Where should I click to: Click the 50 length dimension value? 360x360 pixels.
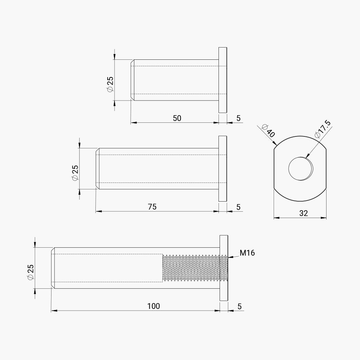click(177, 118)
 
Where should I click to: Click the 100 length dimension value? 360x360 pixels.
click(153, 306)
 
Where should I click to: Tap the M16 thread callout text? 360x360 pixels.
click(247, 253)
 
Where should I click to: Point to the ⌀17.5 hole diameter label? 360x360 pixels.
click(323, 130)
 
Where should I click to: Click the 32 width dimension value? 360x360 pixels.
click(303, 213)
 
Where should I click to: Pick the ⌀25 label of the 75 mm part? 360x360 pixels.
click(75, 173)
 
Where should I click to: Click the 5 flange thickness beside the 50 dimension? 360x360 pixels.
click(238, 118)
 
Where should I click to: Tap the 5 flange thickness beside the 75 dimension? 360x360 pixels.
click(238, 207)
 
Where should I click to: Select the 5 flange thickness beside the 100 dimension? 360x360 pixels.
click(239, 306)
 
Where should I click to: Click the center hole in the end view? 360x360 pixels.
click(301, 168)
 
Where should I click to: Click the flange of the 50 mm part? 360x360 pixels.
click(223, 80)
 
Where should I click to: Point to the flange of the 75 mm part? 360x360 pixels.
click(223, 168)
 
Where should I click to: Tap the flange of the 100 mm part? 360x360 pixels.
click(224, 268)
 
